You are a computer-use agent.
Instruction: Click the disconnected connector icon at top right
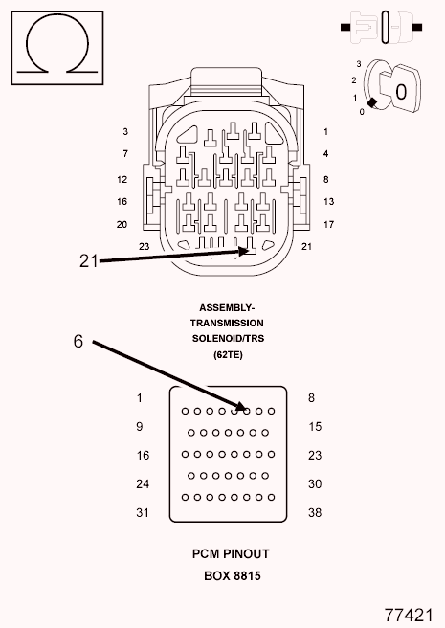381,27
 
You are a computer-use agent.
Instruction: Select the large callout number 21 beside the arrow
88,260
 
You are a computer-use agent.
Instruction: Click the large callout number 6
78,341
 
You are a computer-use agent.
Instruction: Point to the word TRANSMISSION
227,324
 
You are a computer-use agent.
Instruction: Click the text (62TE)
228,354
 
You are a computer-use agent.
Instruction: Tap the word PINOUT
246,554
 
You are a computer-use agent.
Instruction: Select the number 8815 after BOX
247,576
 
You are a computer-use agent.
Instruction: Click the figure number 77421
409,615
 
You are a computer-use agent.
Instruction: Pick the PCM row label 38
315,513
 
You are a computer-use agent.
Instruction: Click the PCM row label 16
143,456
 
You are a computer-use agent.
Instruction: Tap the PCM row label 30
315,484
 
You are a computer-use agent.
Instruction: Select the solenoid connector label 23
144,246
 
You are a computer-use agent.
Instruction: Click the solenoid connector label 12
122,179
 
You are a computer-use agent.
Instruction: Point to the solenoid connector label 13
329,201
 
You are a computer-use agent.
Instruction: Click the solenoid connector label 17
329,224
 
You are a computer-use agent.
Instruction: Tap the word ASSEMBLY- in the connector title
227,308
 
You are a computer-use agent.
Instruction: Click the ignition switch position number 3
359,64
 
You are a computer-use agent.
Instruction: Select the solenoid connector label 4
326,153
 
